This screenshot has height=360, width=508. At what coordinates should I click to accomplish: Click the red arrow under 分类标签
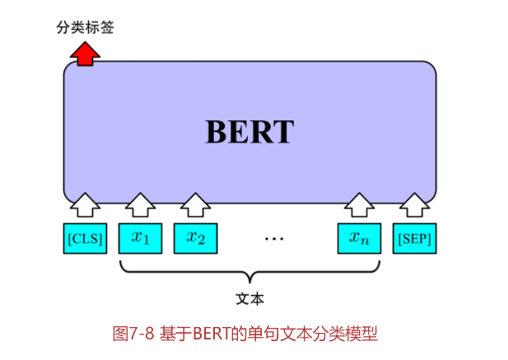(85, 54)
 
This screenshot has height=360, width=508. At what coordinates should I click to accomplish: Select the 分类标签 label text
(85, 28)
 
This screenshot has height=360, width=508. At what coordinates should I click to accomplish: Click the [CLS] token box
(85, 239)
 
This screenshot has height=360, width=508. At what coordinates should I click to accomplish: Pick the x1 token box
(141, 239)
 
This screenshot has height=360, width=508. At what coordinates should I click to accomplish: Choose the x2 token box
(195, 239)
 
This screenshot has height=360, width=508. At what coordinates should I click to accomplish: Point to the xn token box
(359, 239)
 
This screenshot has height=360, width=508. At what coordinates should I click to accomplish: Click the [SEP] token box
(414, 239)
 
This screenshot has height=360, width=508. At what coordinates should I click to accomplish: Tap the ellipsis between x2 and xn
(274, 240)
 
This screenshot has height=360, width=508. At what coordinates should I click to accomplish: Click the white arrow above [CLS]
(85, 204)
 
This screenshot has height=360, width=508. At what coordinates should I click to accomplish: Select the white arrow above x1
(141, 204)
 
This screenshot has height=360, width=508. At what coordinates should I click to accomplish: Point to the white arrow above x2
(195, 204)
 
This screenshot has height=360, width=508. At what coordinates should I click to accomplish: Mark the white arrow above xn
(359, 204)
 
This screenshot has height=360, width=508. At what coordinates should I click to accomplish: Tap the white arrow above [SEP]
(414, 204)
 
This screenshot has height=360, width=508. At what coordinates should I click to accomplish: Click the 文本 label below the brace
(250, 297)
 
